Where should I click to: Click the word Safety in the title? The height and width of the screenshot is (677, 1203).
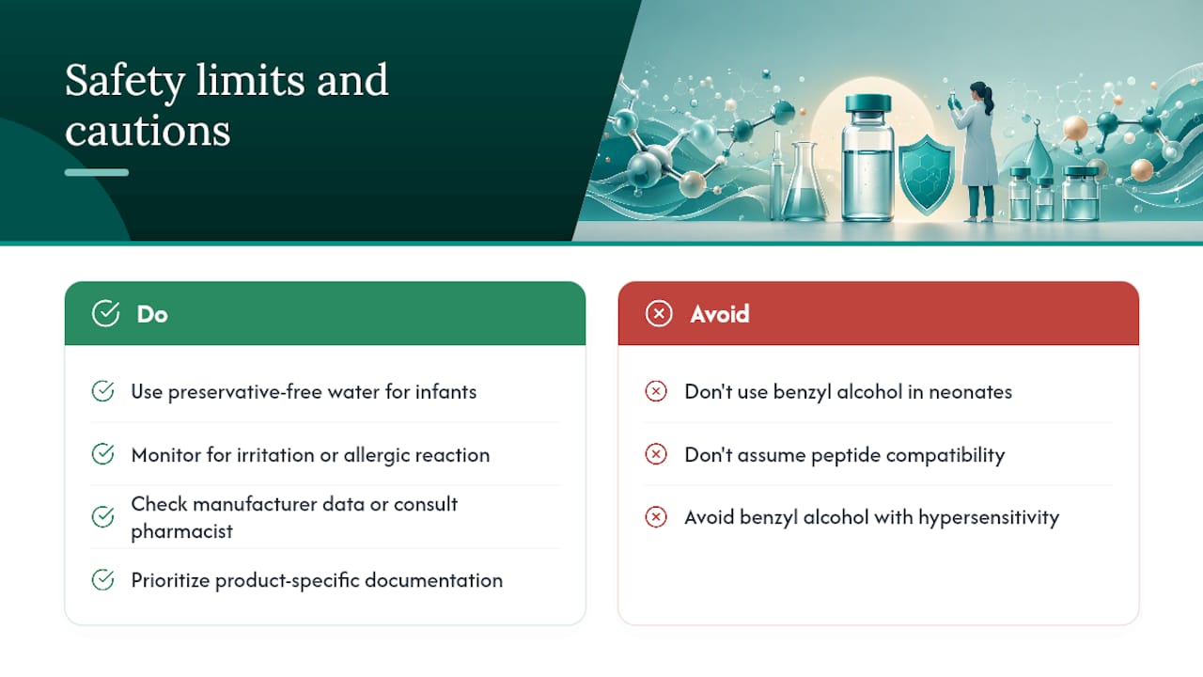click(x=125, y=81)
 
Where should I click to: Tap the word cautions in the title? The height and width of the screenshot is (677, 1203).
click(x=148, y=131)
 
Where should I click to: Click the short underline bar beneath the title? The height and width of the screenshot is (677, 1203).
click(x=97, y=172)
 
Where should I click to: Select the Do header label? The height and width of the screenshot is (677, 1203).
click(x=152, y=314)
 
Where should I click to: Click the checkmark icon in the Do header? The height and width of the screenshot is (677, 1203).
click(x=106, y=313)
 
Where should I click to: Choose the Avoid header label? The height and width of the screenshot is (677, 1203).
click(x=720, y=314)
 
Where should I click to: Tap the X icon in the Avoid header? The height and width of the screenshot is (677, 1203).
click(x=659, y=314)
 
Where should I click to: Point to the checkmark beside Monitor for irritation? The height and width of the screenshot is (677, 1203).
click(x=102, y=454)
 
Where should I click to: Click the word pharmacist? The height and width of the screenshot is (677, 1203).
click(x=181, y=532)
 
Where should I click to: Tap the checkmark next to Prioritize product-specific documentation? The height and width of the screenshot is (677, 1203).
click(x=102, y=580)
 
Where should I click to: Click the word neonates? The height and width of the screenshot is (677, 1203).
click(x=971, y=392)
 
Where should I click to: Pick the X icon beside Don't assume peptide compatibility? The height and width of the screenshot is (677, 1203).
click(x=656, y=454)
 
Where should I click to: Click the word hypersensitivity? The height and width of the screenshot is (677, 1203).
click(x=989, y=518)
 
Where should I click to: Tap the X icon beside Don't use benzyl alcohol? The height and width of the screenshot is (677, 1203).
click(x=656, y=391)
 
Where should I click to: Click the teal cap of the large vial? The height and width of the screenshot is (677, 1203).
click(x=868, y=103)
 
